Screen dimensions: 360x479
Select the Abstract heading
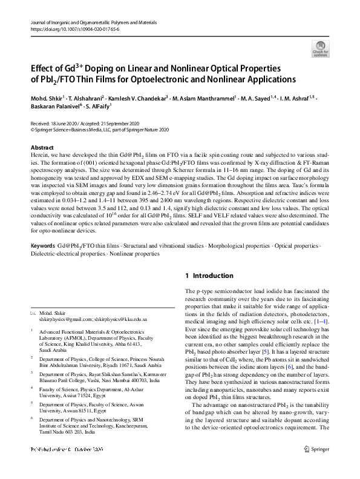42,148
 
